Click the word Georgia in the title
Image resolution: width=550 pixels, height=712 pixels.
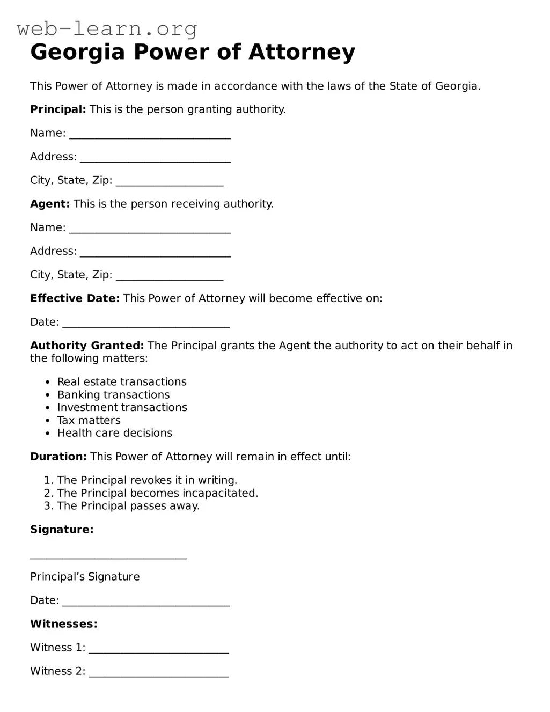[77, 53]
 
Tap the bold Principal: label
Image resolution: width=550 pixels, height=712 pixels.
[58, 109]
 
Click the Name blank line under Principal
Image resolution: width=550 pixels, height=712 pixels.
[150, 134]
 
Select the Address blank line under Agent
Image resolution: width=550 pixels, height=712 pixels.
[155, 252]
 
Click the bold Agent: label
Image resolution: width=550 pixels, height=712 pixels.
[50, 204]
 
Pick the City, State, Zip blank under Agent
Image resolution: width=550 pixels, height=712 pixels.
[170, 276]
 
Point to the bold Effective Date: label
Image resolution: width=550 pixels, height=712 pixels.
[75, 298]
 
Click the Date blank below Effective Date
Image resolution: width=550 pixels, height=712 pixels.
[146, 323]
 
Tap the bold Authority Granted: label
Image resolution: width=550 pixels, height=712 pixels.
[87, 346]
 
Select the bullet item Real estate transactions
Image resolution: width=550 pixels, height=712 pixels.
[122, 382]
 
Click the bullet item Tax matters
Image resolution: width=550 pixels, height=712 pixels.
[89, 421]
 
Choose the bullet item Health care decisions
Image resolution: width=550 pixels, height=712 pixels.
[115, 433]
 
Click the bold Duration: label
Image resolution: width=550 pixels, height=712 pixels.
[58, 457]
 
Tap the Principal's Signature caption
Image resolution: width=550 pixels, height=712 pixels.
[85, 577]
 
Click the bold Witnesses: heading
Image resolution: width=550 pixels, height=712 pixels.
[64, 624]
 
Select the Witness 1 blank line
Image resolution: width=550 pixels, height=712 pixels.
[159, 649]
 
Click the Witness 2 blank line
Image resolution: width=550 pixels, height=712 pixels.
[159, 672]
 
